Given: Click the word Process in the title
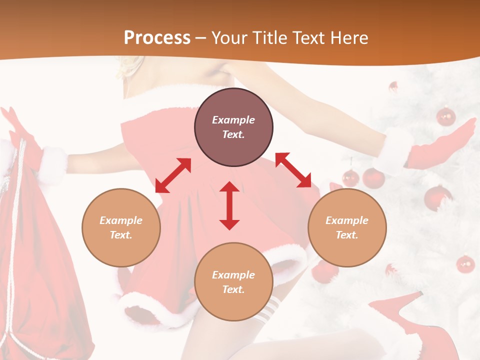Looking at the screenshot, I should (157, 38).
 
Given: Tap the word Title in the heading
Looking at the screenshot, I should (265, 38).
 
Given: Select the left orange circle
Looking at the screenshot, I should (121, 227).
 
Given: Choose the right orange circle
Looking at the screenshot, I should (347, 227).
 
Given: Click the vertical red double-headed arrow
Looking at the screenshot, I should (229, 205).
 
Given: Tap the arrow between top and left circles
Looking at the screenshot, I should (173, 175).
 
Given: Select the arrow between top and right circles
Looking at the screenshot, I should (293, 170).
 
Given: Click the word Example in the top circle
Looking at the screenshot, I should (233, 120).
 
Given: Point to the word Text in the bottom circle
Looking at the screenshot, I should (233, 289).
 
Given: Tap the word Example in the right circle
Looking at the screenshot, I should (347, 220).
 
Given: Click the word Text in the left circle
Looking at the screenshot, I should (121, 235).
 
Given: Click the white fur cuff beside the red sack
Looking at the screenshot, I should (52, 162).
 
